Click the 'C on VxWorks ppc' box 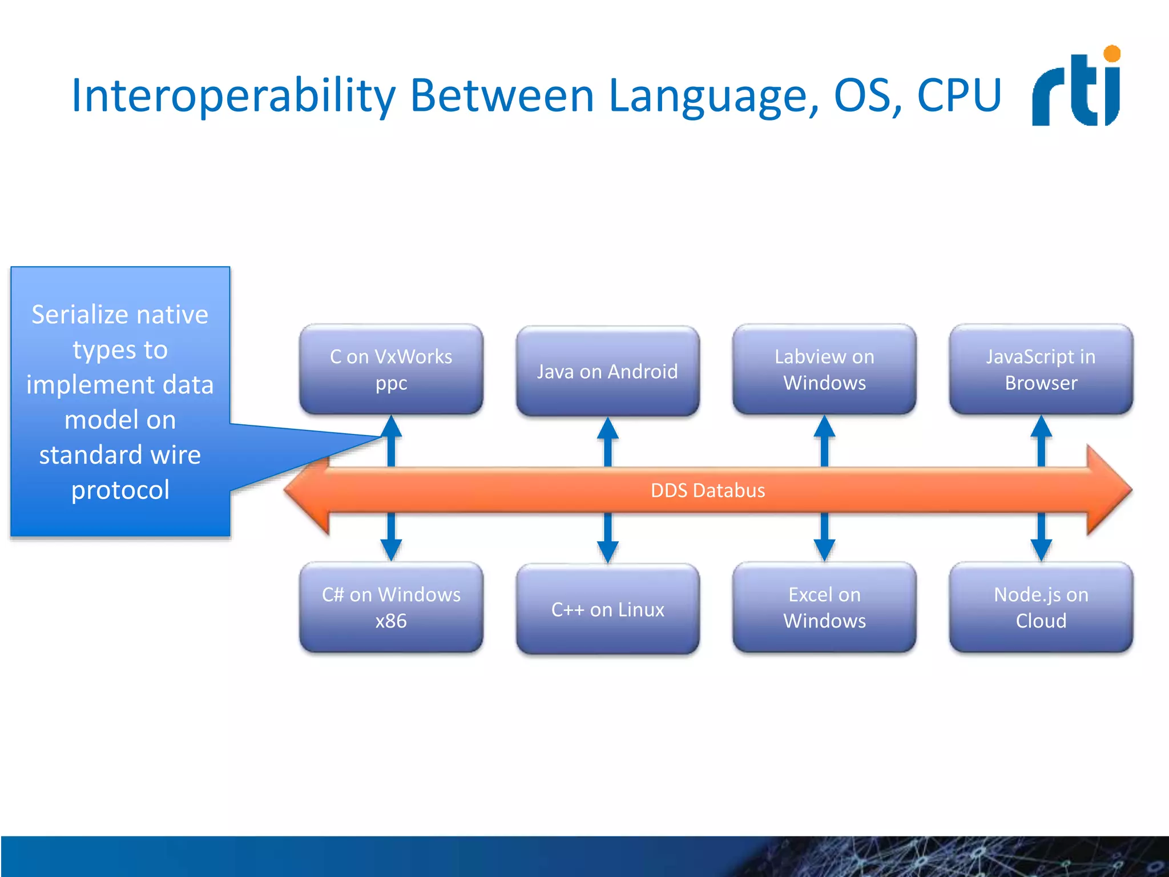[391, 369]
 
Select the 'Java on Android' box [607, 372]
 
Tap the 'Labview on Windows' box [824, 369]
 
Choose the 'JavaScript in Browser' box [1041, 369]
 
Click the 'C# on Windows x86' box [391, 608]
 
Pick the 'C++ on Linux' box [607, 609]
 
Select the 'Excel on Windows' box [824, 608]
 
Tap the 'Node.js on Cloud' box [1041, 608]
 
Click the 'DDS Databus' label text [707, 490]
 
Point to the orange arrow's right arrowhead [1110, 490]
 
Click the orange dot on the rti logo [1112, 54]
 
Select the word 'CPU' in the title [959, 95]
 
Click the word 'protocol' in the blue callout [120, 490]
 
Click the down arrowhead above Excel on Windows [824, 550]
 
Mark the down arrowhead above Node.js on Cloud [1041, 550]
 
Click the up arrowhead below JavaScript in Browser [1041, 427]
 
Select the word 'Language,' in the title [714, 95]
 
